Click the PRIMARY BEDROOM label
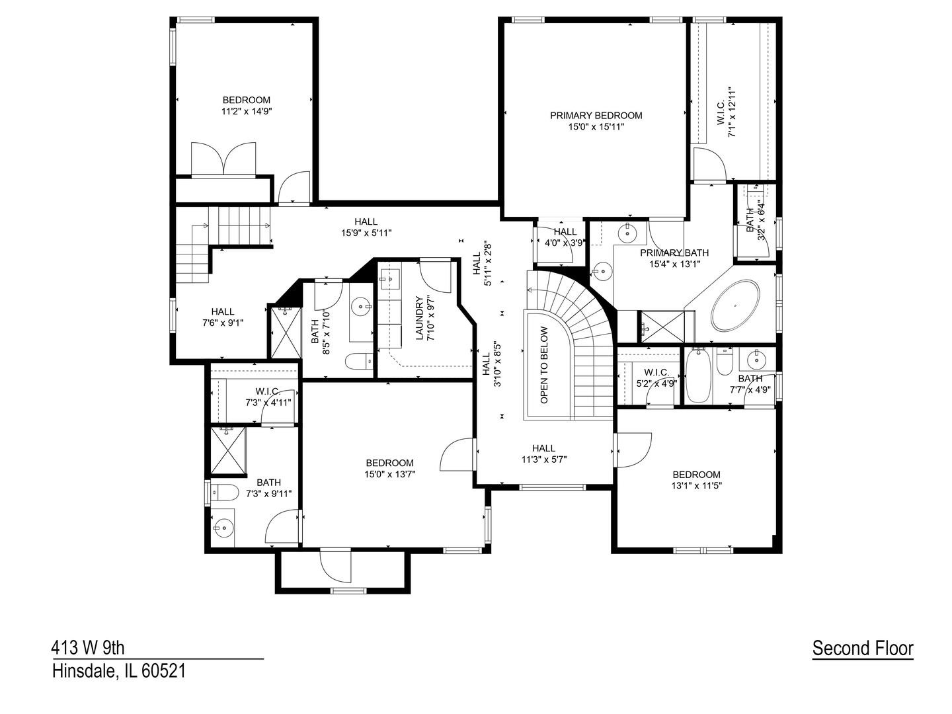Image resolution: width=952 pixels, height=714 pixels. [596, 115]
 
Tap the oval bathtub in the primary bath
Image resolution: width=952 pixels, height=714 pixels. [734, 306]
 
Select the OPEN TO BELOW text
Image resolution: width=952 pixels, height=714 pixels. [544, 365]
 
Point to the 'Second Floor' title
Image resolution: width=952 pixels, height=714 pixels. [862, 648]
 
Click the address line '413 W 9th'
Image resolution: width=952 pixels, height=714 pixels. [88, 647]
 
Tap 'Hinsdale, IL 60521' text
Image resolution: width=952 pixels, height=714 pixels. [119, 671]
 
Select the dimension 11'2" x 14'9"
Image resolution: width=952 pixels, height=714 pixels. [247, 112]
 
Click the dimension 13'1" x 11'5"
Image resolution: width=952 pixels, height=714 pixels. [696, 485]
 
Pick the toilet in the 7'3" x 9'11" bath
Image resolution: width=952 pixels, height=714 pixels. [224, 493]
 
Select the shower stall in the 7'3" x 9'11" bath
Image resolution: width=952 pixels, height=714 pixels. [228, 452]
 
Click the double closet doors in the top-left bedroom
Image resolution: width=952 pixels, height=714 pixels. [223, 159]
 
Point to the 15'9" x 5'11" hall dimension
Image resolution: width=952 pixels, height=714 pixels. [366, 233]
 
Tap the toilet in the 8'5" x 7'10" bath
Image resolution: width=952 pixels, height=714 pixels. [358, 362]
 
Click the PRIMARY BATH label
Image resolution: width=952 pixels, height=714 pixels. [674, 253]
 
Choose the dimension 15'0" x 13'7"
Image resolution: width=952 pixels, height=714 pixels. [389, 474]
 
